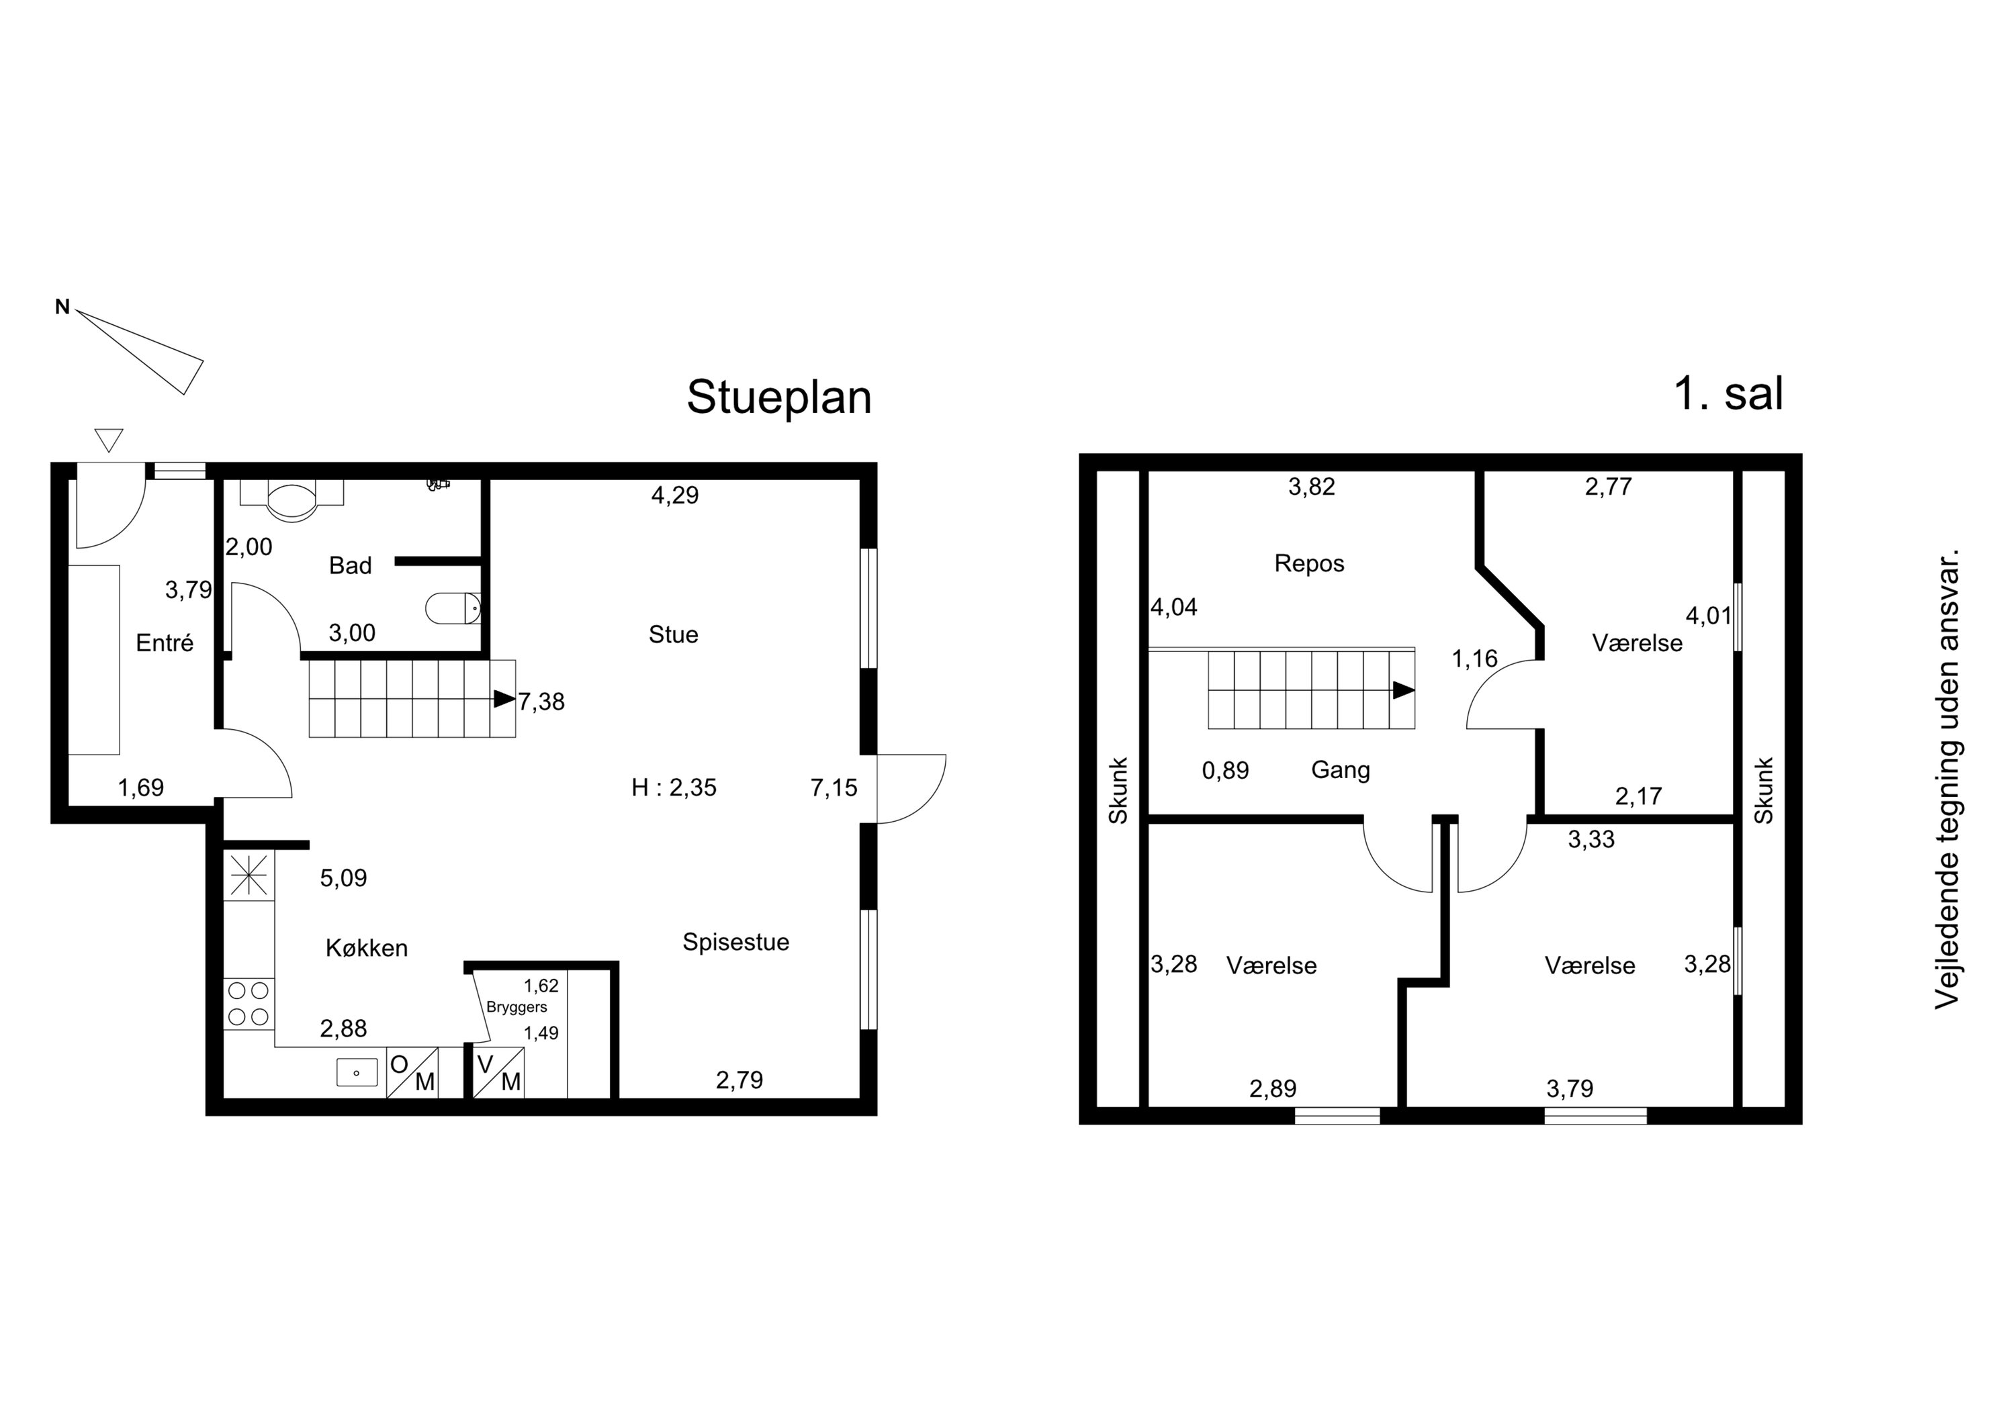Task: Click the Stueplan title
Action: (778, 398)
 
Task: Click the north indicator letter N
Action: (62, 307)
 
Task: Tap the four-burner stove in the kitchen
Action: (249, 1004)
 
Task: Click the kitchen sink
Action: (357, 1072)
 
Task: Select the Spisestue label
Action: (735, 943)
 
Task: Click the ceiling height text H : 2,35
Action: (674, 788)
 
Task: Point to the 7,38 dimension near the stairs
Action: (541, 702)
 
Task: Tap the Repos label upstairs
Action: (1309, 563)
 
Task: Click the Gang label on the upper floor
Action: (1340, 769)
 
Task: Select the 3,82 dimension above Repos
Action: (1311, 487)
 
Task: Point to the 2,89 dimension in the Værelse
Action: (1273, 1089)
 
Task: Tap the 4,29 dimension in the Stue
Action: (675, 495)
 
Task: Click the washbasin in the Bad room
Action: (290, 500)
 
